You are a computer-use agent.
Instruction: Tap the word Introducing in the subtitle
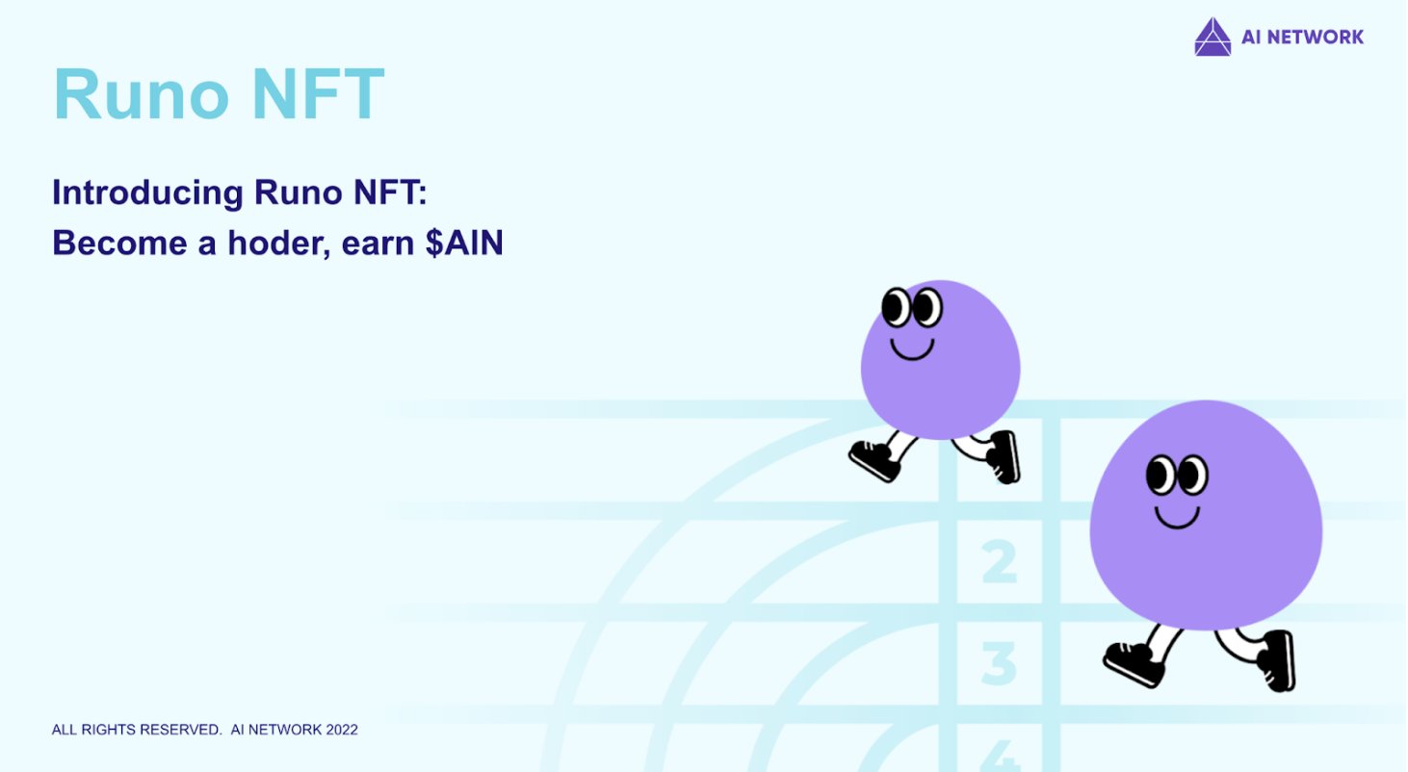(147, 193)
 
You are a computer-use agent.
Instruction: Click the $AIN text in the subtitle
(464, 244)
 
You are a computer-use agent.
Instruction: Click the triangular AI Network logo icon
(1212, 38)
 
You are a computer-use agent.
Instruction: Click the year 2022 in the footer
(341, 730)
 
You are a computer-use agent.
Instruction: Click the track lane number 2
(999, 562)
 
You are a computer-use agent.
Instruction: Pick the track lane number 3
(999, 662)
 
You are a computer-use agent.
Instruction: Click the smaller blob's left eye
(896, 307)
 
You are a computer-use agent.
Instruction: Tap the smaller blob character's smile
(911, 348)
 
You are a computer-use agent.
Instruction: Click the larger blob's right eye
(1192, 475)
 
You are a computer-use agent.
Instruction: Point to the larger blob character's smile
(1177, 518)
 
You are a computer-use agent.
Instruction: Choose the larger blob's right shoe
(1277, 659)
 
